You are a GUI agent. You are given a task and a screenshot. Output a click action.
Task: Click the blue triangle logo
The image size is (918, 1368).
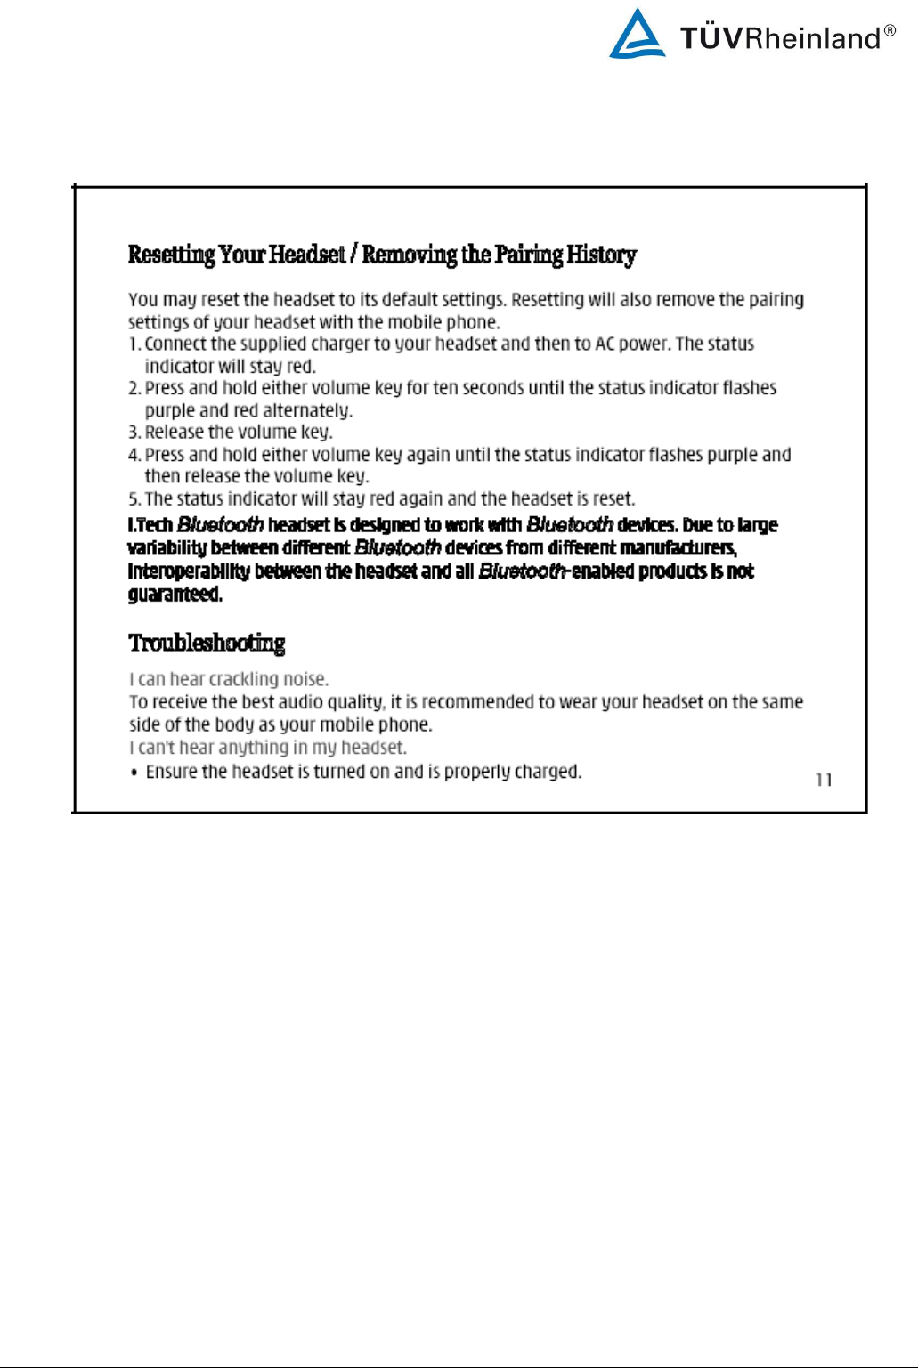(x=637, y=36)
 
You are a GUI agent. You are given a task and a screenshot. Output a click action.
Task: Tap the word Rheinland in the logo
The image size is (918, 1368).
(x=811, y=38)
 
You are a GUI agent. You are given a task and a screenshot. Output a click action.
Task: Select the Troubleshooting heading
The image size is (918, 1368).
(x=207, y=643)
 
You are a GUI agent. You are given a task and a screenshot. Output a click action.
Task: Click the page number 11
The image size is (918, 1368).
(x=824, y=780)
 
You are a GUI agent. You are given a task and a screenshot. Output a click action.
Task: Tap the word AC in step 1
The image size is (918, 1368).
(x=605, y=344)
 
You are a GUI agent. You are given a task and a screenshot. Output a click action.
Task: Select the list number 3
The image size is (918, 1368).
(x=134, y=433)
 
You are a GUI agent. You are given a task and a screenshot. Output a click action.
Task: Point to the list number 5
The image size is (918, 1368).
(x=134, y=499)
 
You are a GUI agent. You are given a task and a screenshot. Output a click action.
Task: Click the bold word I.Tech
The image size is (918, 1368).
(x=150, y=525)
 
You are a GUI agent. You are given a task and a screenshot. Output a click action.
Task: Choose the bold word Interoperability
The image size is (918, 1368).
(x=189, y=571)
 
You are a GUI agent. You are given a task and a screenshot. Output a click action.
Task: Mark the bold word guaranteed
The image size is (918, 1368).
(x=175, y=594)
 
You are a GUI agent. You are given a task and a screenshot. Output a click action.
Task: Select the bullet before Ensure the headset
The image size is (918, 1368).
(x=134, y=773)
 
